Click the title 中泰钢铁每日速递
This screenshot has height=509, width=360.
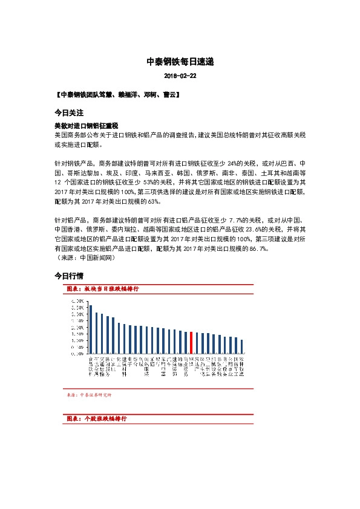pos(180,62)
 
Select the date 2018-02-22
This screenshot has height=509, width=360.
pos(180,77)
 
